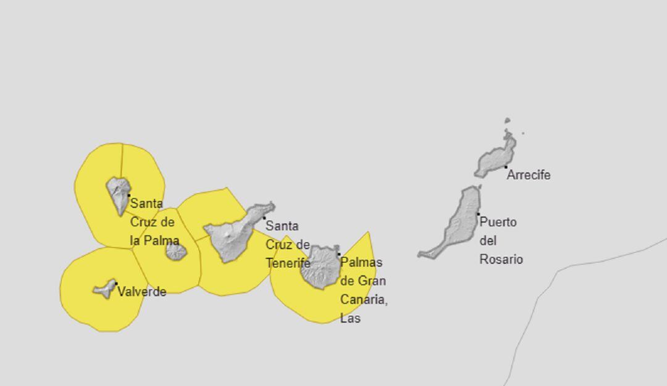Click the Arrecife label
click(529, 175)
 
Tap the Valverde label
click(141, 292)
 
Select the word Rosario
click(501, 260)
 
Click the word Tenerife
click(288, 263)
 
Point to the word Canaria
click(363, 300)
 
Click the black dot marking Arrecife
click(506, 166)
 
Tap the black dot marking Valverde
click(115, 284)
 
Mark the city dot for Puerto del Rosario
click(478, 214)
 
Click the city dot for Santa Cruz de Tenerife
click(264, 218)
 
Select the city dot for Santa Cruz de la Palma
click(128, 195)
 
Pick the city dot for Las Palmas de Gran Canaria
click(338, 254)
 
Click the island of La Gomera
click(176, 251)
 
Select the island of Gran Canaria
click(321, 266)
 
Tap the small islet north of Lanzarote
click(507, 121)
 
